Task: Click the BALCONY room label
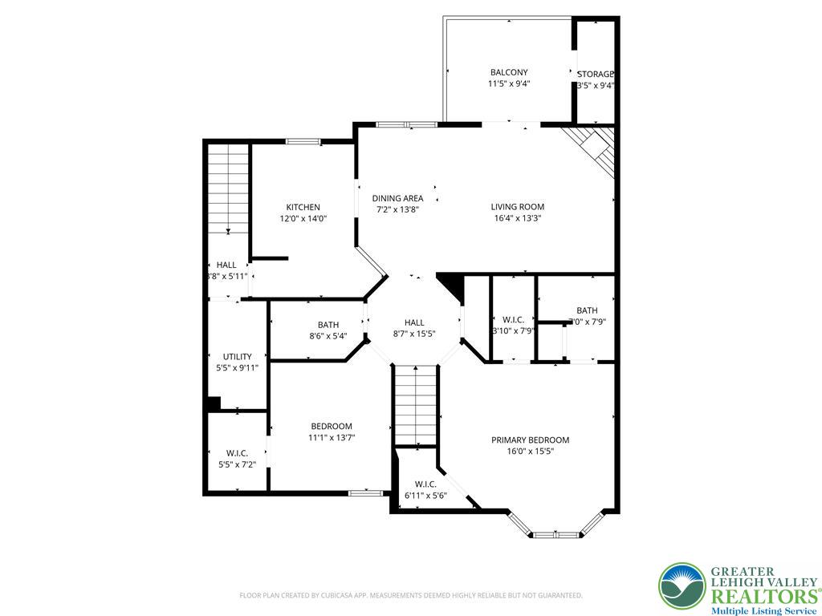509,72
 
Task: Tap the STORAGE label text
596,75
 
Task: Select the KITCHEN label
303,207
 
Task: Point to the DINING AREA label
397,198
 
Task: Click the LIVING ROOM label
518,207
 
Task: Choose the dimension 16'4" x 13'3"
518,218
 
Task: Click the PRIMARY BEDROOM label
530,440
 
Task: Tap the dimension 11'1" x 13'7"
332,438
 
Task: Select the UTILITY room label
237,356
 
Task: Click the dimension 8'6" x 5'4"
328,336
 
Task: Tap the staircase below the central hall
416,405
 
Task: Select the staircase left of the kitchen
229,188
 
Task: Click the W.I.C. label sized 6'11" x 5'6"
425,484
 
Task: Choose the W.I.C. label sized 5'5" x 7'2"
237,453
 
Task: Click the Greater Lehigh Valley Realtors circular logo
682,586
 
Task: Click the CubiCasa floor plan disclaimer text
411,595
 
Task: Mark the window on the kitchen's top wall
303,142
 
